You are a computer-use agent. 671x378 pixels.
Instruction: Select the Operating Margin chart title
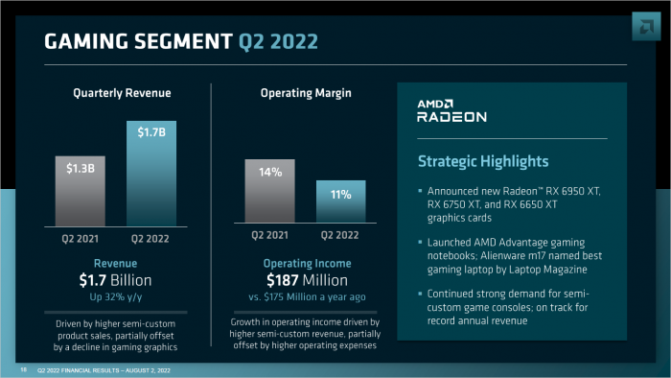click(x=305, y=93)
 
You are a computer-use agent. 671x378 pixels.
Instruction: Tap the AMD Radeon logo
click(x=451, y=110)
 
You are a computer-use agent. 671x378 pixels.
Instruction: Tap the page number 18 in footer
click(x=23, y=369)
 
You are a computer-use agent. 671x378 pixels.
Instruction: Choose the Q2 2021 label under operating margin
click(x=271, y=235)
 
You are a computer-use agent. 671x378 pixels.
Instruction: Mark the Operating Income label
click(x=305, y=263)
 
